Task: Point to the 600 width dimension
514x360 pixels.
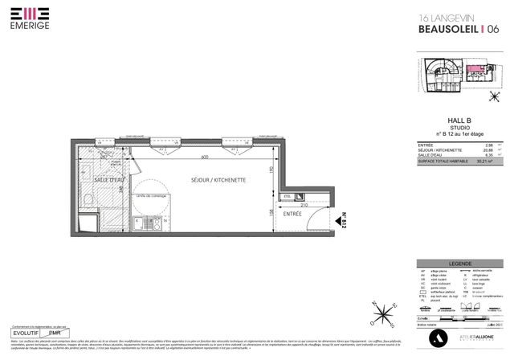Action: pyautogui.click(x=205, y=157)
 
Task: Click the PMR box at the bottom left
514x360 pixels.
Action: pyautogui.click(x=57, y=332)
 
